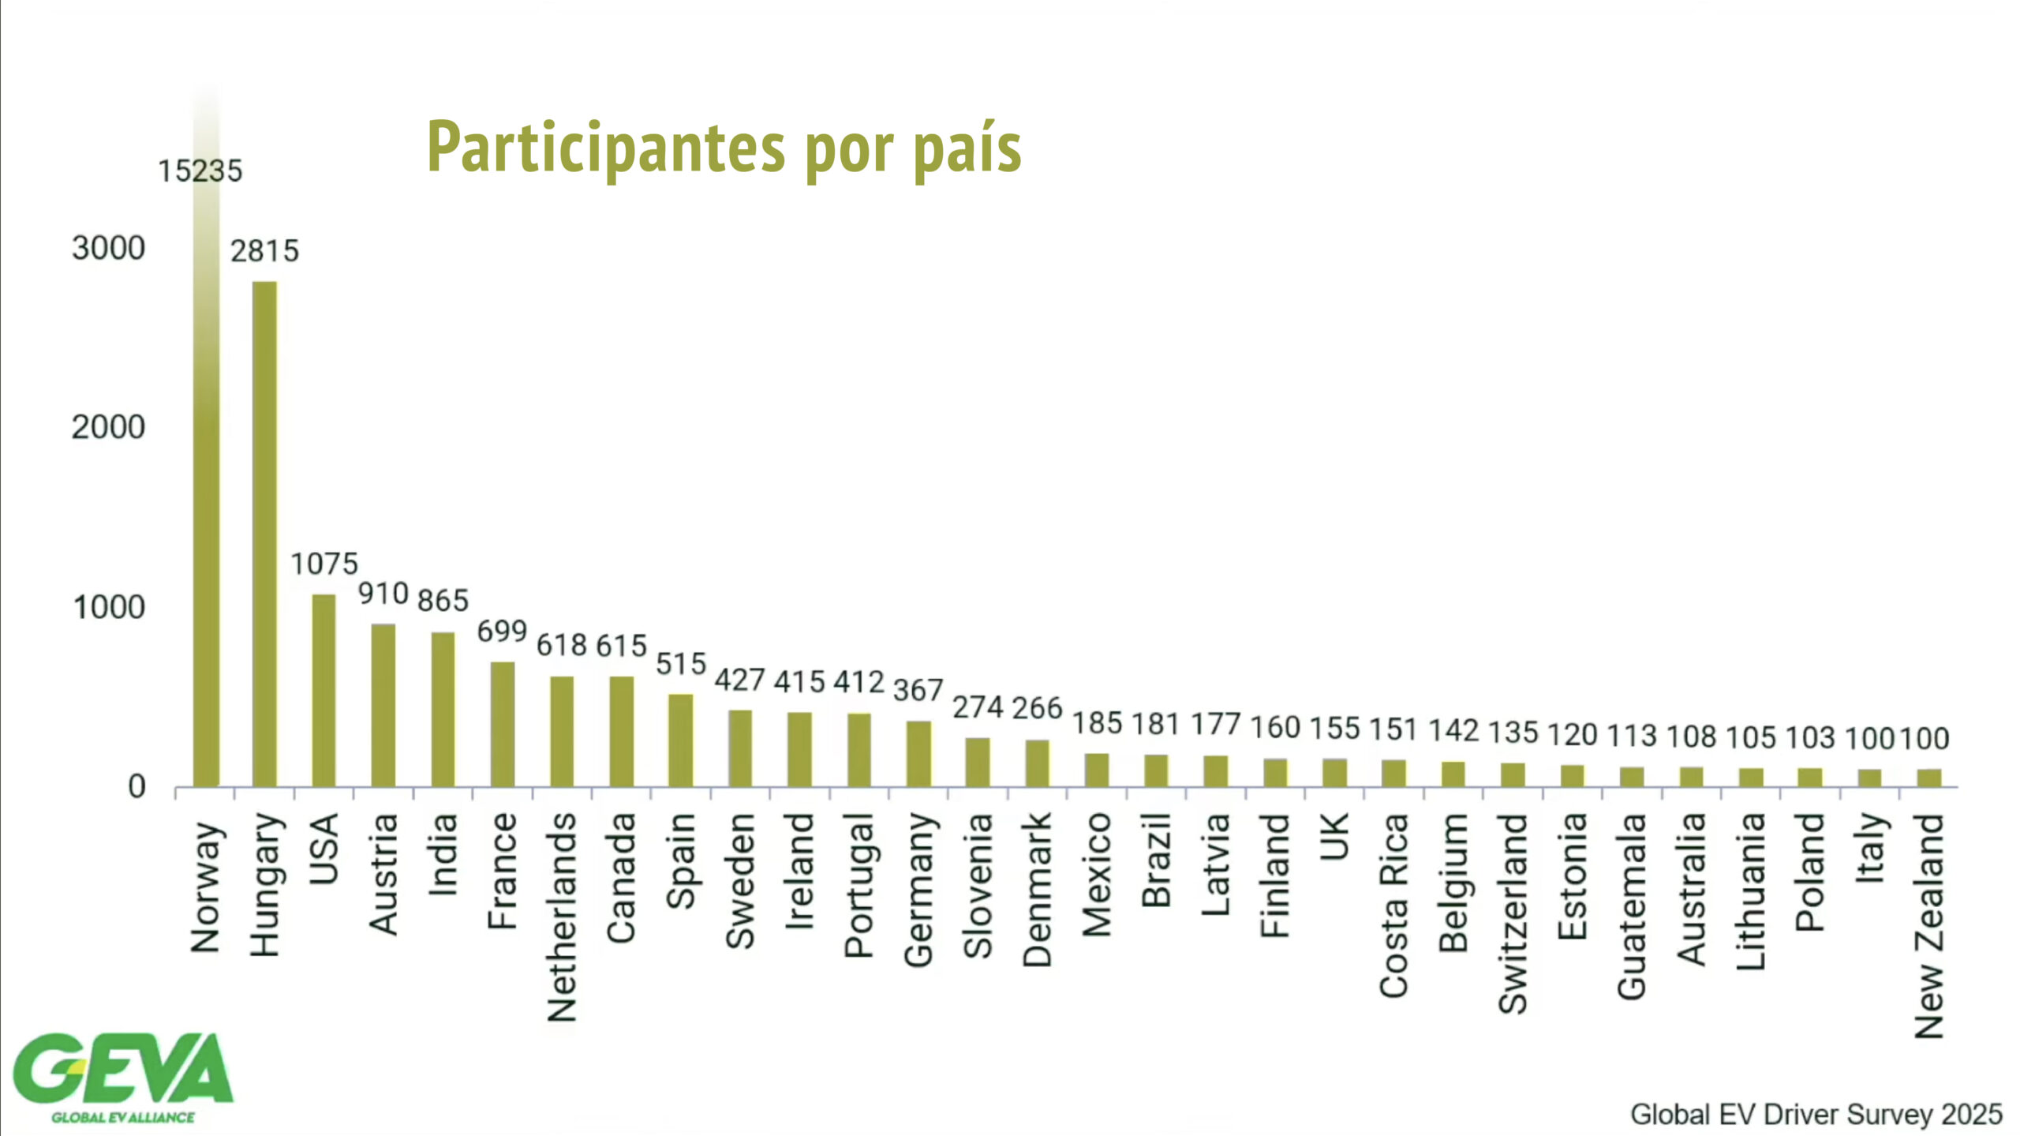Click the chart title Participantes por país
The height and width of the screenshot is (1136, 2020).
pos(724,148)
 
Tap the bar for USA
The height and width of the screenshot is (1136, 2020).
pos(324,690)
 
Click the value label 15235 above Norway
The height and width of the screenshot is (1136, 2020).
pos(200,171)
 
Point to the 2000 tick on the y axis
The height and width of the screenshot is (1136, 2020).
pos(108,428)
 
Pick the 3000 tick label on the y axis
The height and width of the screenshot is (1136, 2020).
pos(108,249)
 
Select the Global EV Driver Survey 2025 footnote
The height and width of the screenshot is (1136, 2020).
pos(1816,1114)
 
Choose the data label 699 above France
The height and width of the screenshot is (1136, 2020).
pos(502,632)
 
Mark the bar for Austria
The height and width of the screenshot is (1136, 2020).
pos(383,705)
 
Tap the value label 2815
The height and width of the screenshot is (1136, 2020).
pos(264,252)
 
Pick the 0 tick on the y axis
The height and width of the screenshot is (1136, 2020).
pos(137,787)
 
